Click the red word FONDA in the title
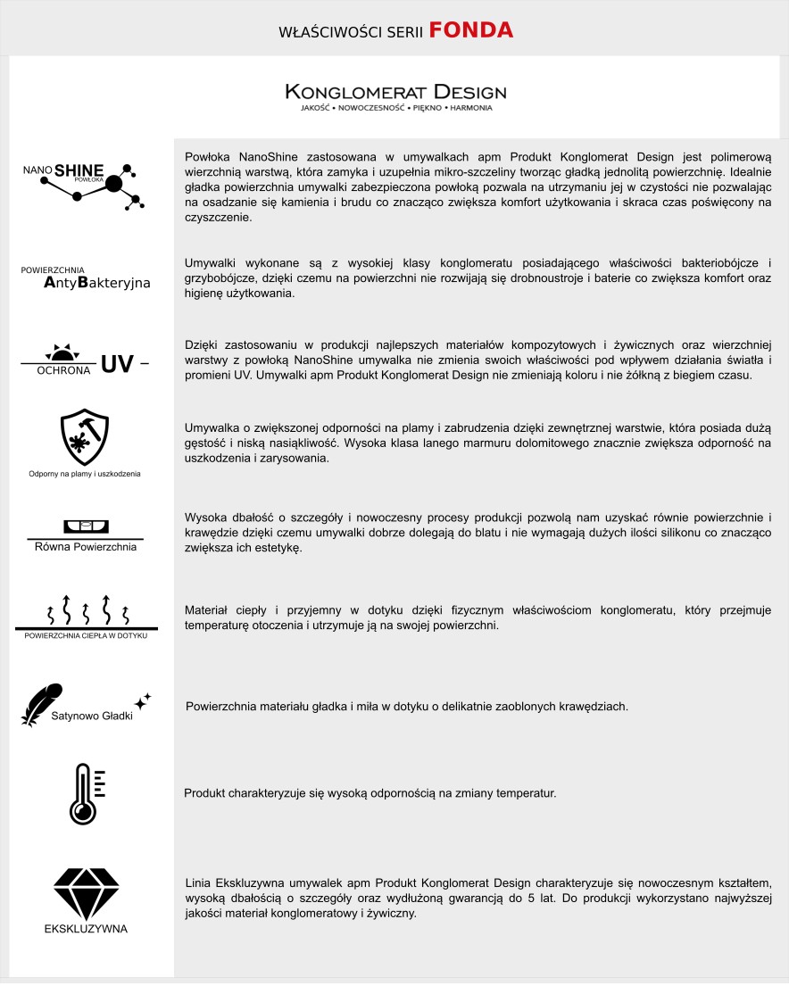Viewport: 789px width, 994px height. (470, 31)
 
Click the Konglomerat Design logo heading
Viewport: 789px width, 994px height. (395, 92)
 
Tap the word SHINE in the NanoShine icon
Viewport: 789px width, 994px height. (79, 170)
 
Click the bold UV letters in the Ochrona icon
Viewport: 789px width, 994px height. (117, 363)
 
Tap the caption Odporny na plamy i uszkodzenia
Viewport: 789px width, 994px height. (85, 473)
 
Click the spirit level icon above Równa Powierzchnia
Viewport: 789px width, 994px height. (85, 526)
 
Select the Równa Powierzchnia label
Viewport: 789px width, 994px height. (85, 546)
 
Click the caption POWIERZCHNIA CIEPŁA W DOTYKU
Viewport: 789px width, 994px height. (86, 635)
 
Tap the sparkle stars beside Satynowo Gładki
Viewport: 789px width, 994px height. (143, 700)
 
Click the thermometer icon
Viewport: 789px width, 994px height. (84, 793)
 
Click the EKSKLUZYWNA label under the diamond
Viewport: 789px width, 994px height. (86, 929)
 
